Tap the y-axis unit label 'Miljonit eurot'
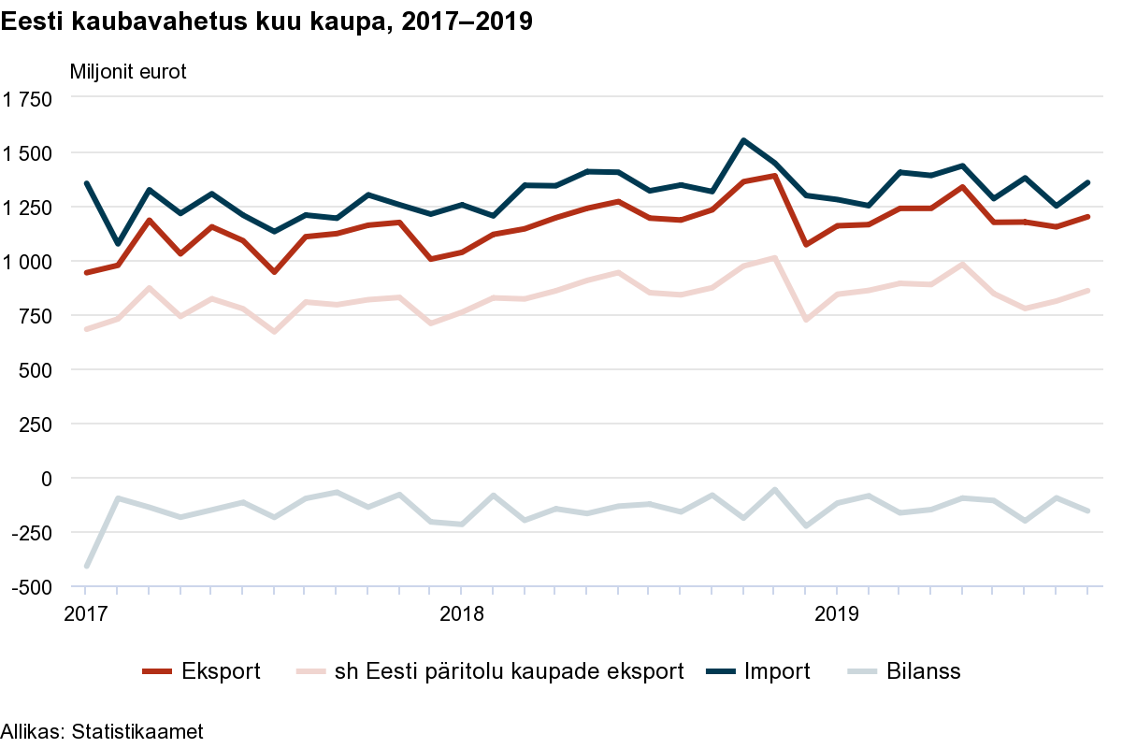[x=128, y=72]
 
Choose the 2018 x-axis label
[x=461, y=614]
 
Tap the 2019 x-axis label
[x=836, y=614]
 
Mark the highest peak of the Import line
[x=743, y=140]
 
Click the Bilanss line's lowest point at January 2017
[x=86, y=566]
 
